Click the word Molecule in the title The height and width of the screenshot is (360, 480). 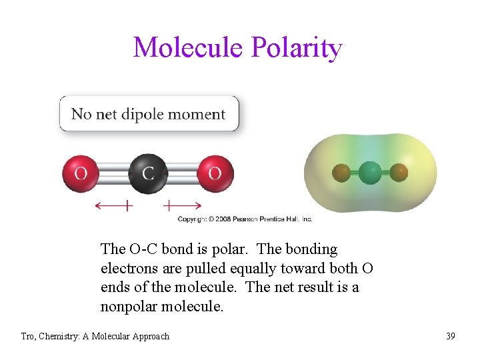point(188,47)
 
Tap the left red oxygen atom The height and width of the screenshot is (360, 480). point(81,173)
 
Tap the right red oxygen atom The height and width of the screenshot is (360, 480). point(215,173)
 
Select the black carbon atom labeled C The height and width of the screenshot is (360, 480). point(147,173)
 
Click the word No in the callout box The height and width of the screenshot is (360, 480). point(81,114)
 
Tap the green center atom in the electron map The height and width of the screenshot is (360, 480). point(370,173)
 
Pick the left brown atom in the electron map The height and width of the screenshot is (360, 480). point(341,173)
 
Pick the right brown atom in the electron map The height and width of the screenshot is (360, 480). point(399,173)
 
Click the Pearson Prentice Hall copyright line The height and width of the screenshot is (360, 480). point(245,219)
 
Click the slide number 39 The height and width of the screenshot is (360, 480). point(451,336)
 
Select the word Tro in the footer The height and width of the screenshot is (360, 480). point(28,336)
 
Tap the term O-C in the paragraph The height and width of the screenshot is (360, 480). point(141,249)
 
